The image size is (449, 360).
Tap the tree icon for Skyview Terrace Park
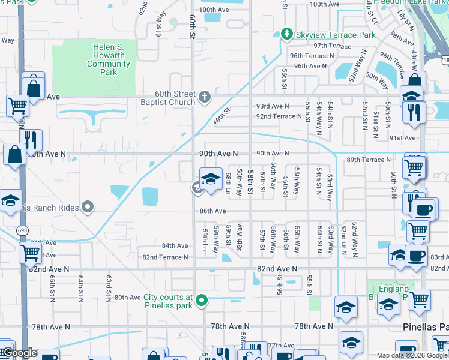tap(287, 34)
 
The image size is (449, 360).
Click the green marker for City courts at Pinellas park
tap(203, 300)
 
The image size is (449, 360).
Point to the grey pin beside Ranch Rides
tap(88, 208)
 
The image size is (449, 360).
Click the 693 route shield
tap(22, 230)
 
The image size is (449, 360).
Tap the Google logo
tap(19, 353)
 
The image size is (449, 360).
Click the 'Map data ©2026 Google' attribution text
tap(412, 355)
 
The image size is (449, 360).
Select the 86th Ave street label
tap(212, 211)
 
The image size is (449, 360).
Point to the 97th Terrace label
tap(331, 46)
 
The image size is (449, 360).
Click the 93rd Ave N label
tap(273, 106)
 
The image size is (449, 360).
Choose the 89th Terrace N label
tap(369, 160)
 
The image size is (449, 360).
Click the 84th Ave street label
tap(175, 246)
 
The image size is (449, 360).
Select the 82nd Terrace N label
tap(165, 257)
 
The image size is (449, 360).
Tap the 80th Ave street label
tap(127, 298)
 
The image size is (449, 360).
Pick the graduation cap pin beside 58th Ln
tap(211, 179)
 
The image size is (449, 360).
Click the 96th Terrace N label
tap(312, 56)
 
